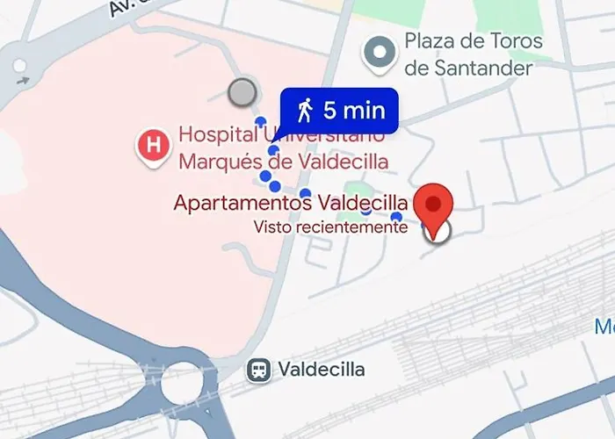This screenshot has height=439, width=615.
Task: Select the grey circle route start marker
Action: (242, 91)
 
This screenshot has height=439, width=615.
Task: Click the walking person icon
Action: (305, 110)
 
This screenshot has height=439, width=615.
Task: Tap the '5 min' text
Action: (354, 111)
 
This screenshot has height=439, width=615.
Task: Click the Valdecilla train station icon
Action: (258, 370)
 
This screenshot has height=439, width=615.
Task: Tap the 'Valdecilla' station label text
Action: (321, 370)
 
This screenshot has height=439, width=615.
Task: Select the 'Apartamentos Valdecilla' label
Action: (290, 203)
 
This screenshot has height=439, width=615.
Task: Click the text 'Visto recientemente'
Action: (330, 227)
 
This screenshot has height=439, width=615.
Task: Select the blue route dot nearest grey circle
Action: (259, 121)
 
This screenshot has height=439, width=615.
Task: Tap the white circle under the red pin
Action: (436, 231)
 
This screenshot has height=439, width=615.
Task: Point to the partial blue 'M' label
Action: (605, 327)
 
